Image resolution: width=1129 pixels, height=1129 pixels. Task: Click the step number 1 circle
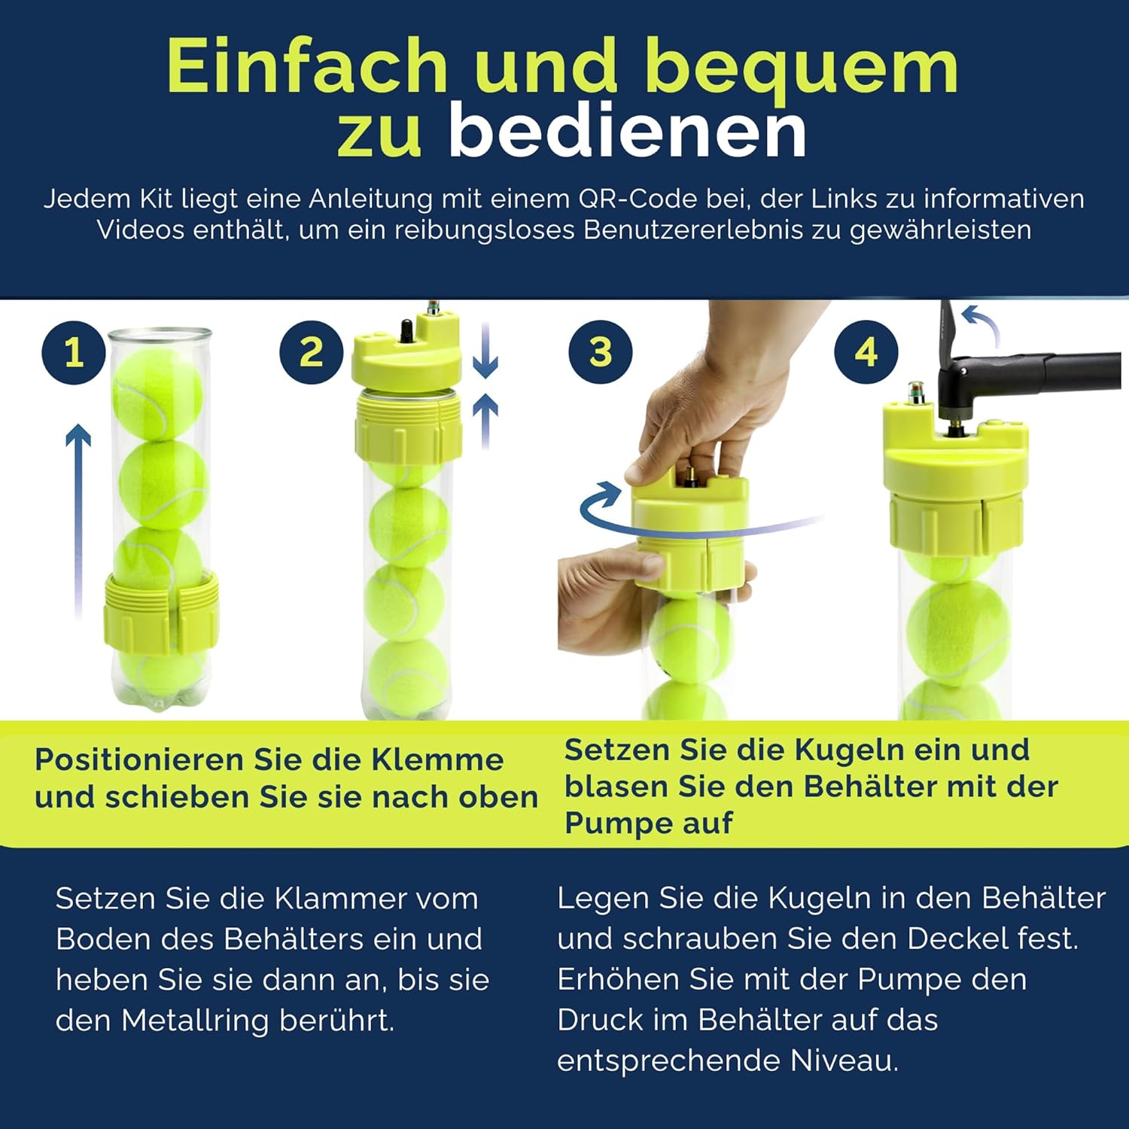[74, 352]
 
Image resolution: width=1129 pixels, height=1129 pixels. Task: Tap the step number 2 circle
[312, 352]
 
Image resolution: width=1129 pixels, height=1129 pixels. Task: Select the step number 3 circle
[601, 352]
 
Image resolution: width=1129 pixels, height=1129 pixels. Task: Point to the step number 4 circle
[866, 352]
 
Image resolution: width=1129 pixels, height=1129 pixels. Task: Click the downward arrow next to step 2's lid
[485, 350]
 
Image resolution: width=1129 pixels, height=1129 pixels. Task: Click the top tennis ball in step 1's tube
[158, 397]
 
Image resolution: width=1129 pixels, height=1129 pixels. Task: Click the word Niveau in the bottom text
[844, 1061]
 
